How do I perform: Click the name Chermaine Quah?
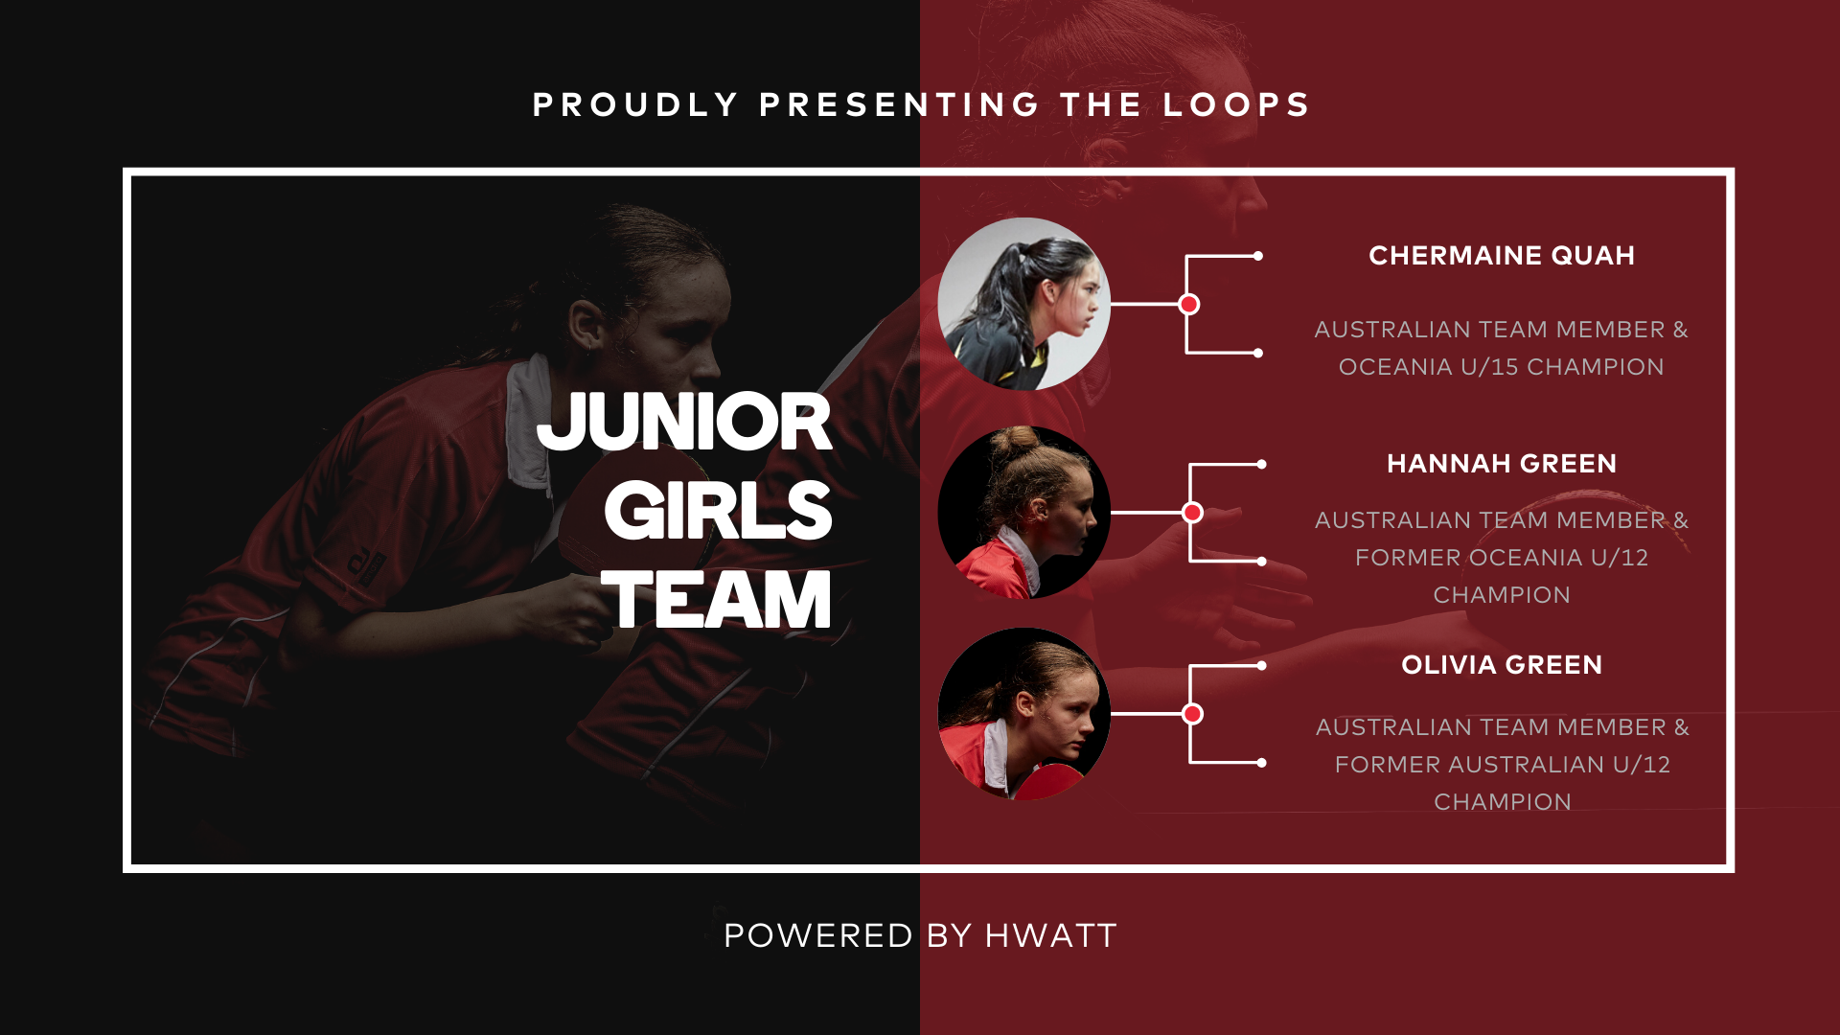pyautogui.click(x=1502, y=256)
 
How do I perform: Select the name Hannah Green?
pyautogui.click(x=1502, y=464)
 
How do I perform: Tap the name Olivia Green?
pyautogui.click(x=1502, y=665)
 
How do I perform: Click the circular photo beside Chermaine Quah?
pyautogui.click(x=1023, y=304)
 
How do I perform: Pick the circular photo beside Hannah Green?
pyautogui.click(x=1023, y=513)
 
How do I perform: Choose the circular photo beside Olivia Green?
pyautogui.click(x=1023, y=714)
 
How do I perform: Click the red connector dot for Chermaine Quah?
pyautogui.click(x=1189, y=304)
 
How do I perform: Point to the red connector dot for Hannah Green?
pyautogui.click(x=1193, y=513)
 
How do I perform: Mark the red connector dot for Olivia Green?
pyautogui.click(x=1193, y=714)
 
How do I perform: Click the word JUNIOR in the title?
pyautogui.click(x=684, y=422)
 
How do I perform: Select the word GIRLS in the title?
pyautogui.click(x=718, y=511)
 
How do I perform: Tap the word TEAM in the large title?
pyautogui.click(x=716, y=600)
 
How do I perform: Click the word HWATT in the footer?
pyautogui.click(x=1051, y=936)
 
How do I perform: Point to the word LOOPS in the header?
pyautogui.click(x=1236, y=104)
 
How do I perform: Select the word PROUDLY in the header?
pyautogui.click(x=635, y=104)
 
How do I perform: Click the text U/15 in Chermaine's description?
pyautogui.click(x=1489, y=367)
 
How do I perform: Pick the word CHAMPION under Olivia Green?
pyautogui.click(x=1503, y=802)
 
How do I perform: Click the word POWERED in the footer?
pyautogui.click(x=817, y=936)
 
